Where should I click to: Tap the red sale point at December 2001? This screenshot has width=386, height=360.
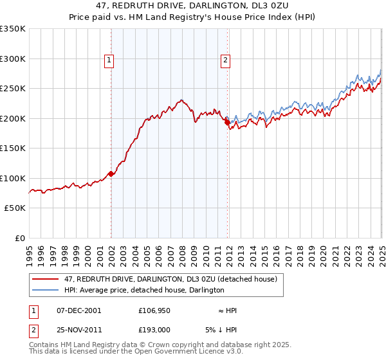[x=111, y=174]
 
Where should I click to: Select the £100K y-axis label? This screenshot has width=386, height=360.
[x=13, y=178]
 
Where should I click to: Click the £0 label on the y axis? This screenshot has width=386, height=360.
[x=19, y=238]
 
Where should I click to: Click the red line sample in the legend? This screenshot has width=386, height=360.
[x=45, y=279]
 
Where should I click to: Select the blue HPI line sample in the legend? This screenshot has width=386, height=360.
[x=45, y=290]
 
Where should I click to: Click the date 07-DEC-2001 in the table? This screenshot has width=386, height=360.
[x=78, y=310]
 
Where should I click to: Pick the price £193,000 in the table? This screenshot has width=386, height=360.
[x=153, y=330]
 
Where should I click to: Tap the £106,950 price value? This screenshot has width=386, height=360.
[x=153, y=310]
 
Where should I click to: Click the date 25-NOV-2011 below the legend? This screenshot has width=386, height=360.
[x=78, y=330]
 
